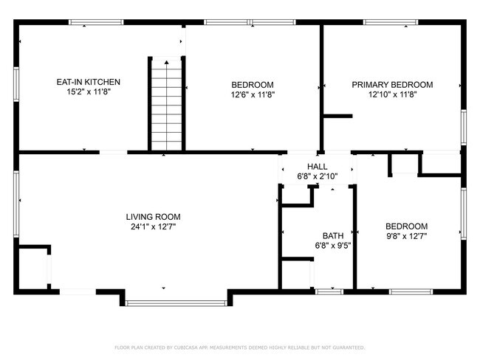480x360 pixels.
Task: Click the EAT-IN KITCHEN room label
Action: (x=89, y=82)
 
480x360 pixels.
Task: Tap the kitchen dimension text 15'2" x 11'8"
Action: (x=89, y=93)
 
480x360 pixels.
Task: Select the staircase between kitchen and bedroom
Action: (x=167, y=103)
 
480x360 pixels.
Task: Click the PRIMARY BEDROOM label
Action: (x=392, y=84)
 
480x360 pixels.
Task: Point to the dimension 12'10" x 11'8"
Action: (x=392, y=94)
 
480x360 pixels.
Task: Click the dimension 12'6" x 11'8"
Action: (x=253, y=94)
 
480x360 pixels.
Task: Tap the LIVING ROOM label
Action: (x=153, y=217)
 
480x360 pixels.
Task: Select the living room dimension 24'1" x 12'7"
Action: (x=153, y=227)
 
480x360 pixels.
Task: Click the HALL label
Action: (x=317, y=167)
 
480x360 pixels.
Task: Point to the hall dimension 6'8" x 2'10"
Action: (x=317, y=177)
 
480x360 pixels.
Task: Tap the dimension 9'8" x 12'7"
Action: (x=406, y=236)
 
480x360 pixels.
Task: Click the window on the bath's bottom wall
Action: (x=330, y=291)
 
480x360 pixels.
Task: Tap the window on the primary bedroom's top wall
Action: (x=390, y=23)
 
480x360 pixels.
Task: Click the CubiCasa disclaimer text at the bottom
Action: (x=239, y=347)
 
